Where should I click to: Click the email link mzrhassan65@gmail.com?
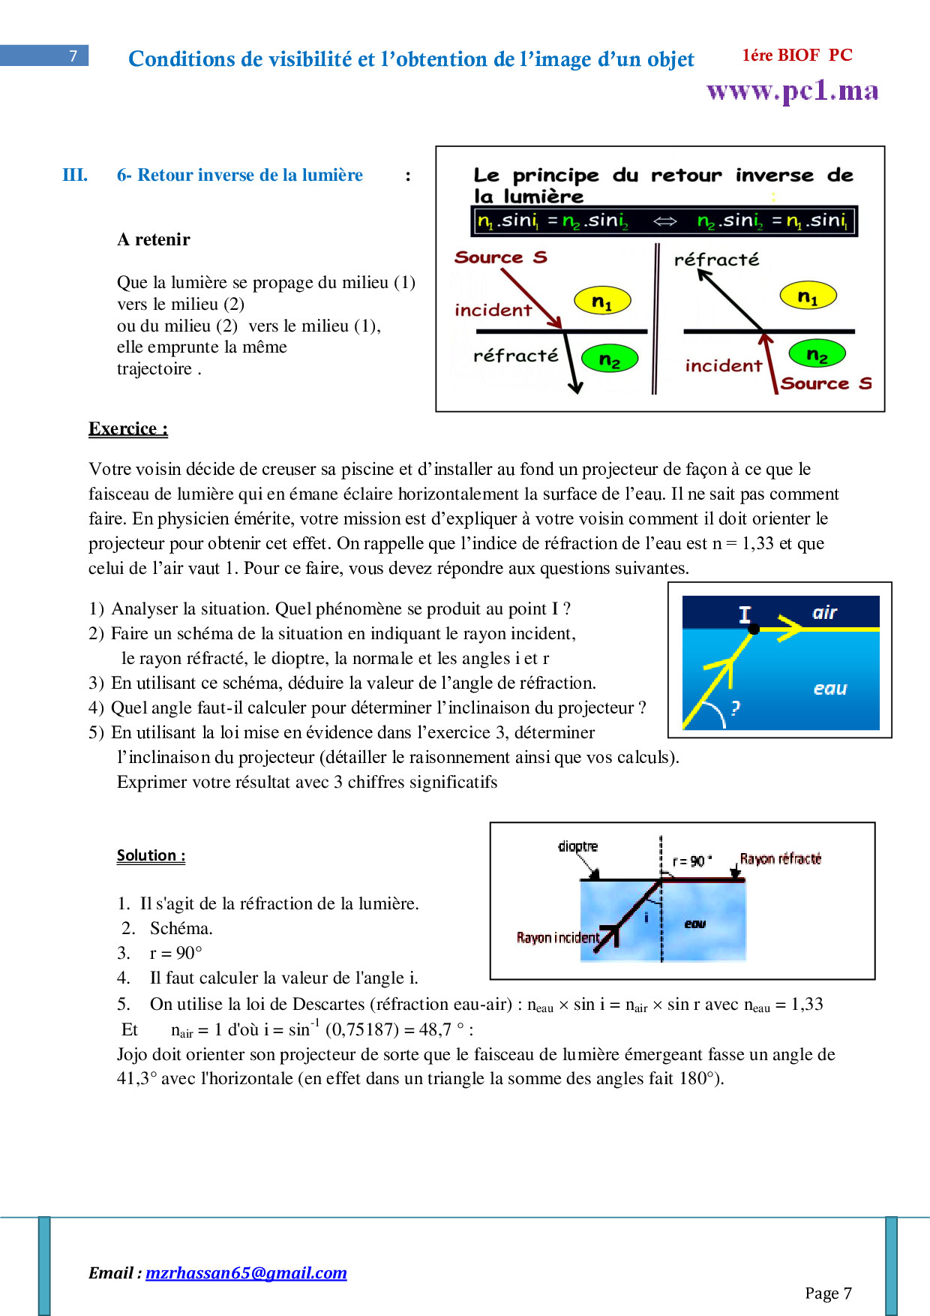246,1272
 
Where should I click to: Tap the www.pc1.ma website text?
792,91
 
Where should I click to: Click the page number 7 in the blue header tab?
73,56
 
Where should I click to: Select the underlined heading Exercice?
127,428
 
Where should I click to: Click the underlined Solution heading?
151,855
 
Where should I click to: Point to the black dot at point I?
754,629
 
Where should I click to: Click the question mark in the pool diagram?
735,707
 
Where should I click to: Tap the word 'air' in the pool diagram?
824,612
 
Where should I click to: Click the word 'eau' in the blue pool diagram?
829,689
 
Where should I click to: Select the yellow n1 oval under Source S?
602,301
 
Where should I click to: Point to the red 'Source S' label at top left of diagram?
500,257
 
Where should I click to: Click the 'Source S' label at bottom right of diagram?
826,383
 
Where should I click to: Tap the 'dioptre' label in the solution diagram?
577,846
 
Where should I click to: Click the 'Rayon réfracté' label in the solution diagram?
780,858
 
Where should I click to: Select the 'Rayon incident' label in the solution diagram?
557,937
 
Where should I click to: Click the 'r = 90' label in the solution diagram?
691,861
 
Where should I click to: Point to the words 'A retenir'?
154,239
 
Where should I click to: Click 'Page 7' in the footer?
828,1293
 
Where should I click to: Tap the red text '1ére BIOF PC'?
797,55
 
